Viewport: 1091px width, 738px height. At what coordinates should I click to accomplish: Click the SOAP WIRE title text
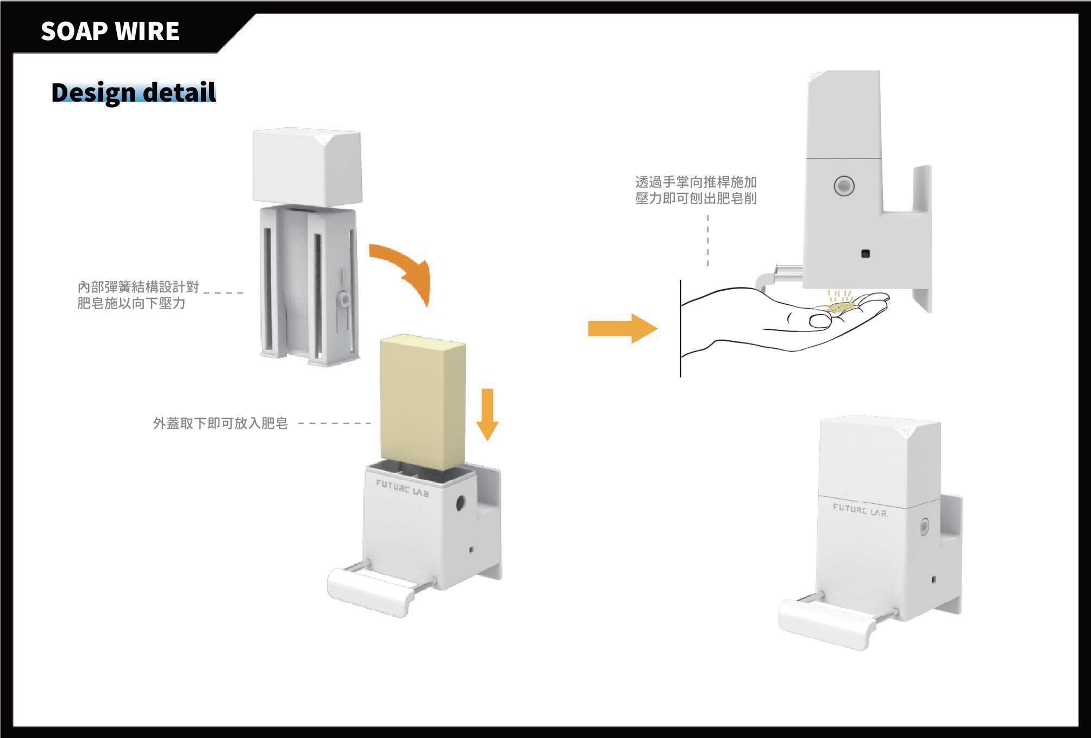(x=110, y=31)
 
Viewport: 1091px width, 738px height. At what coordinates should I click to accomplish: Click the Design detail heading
(x=134, y=92)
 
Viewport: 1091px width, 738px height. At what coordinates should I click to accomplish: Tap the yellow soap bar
(x=423, y=402)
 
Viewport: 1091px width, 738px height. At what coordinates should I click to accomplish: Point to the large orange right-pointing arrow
(x=622, y=328)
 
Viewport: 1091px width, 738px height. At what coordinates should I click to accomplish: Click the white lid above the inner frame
(x=307, y=166)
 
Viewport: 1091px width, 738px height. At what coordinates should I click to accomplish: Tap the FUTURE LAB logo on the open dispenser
(x=403, y=488)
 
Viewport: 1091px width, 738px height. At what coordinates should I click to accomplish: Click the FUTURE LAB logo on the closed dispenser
(x=860, y=510)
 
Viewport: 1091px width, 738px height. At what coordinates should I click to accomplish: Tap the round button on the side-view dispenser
(x=844, y=186)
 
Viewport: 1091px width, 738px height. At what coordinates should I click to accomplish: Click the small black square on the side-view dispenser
(x=866, y=253)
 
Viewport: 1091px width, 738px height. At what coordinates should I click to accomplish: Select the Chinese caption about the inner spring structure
(x=138, y=295)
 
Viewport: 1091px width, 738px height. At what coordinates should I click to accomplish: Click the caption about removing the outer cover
(x=220, y=423)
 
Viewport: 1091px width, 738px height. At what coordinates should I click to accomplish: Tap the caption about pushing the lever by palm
(x=695, y=190)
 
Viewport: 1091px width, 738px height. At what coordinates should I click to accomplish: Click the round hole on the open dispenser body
(x=461, y=503)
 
